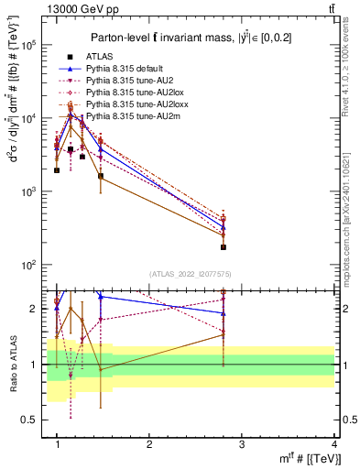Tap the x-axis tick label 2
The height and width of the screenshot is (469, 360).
tap(149, 444)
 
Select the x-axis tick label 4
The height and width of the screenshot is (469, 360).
tap(334, 444)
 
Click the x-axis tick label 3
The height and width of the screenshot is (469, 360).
tap(242, 444)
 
